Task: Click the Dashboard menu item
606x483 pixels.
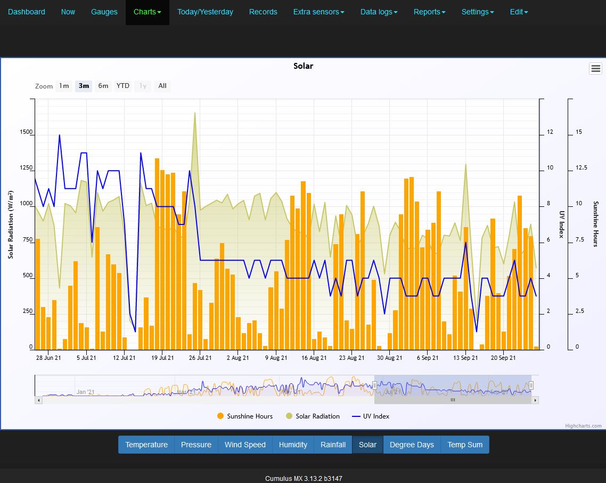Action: (x=27, y=12)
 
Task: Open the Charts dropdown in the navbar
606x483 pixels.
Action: (x=147, y=12)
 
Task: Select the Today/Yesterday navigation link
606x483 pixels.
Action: (x=205, y=12)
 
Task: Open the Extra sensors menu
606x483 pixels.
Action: (x=318, y=12)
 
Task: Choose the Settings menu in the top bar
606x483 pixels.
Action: (x=477, y=12)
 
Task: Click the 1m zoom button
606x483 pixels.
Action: (x=64, y=86)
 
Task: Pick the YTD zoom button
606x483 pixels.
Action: (x=123, y=86)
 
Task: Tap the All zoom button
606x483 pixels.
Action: (x=162, y=86)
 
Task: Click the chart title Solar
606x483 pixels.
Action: (x=303, y=66)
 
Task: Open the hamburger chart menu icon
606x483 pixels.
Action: (x=595, y=68)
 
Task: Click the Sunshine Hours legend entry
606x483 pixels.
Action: (x=245, y=416)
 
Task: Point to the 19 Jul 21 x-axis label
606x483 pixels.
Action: (x=162, y=358)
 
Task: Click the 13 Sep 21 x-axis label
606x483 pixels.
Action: (x=465, y=358)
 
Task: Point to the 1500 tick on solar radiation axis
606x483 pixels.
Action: (x=26, y=132)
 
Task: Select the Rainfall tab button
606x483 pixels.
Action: (x=333, y=445)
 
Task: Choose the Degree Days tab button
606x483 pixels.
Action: (x=412, y=445)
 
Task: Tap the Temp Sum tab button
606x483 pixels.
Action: (x=465, y=445)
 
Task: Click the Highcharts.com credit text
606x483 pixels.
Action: (x=583, y=426)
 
